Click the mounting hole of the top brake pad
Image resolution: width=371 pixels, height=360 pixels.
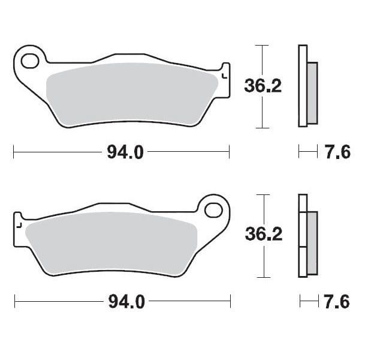tap(31, 60)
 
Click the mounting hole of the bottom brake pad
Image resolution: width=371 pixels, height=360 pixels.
tap(213, 210)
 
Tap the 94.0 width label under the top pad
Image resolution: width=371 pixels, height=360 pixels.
tap(125, 152)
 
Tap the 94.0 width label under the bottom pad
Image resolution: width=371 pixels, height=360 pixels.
tap(126, 302)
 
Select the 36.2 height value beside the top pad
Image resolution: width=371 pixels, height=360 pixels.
tap(263, 86)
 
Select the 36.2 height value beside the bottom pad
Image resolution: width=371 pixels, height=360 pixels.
tap(263, 235)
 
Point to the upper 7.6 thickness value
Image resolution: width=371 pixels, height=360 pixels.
tap(337, 152)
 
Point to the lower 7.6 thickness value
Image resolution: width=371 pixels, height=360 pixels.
tap(336, 302)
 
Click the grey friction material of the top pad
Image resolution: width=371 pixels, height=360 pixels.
tap(132, 96)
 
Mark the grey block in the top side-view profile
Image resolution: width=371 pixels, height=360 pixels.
tap(312, 92)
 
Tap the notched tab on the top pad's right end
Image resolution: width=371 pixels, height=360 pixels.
tap(225, 75)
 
